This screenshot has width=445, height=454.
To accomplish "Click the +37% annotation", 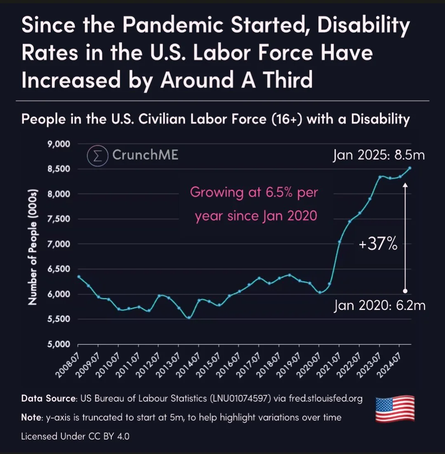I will [x=378, y=245].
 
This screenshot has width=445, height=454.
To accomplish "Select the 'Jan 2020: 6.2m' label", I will [x=379, y=306].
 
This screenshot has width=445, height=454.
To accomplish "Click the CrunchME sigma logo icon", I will [x=97, y=156].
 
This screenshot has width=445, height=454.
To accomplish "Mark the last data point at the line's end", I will [x=410, y=168].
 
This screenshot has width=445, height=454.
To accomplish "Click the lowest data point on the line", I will [x=189, y=317].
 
